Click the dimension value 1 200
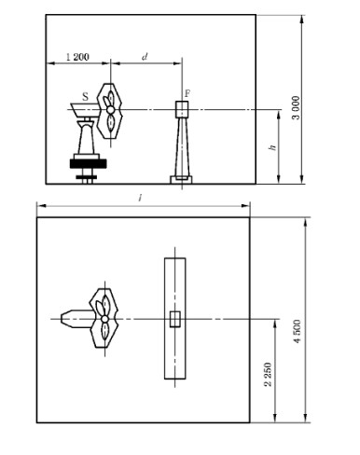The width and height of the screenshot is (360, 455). pyautogui.click(x=77, y=57)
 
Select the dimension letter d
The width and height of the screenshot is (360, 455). pyautogui.click(x=145, y=57)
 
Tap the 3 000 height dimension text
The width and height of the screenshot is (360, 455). pyautogui.click(x=297, y=108)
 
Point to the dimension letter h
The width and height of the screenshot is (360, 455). pyautogui.click(x=272, y=146)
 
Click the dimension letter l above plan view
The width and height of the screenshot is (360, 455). pyautogui.click(x=141, y=197)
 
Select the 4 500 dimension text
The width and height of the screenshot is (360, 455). pyautogui.click(x=297, y=331)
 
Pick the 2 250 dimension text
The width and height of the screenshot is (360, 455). pyautogui.click(x=269, y=374)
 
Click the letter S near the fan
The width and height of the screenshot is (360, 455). pyautogui.click(x=85, y=97)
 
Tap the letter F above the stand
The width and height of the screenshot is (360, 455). pyautogui.click(x=187, y=93)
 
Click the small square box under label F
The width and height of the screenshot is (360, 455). pyautogui.click(x=182, y=109)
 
